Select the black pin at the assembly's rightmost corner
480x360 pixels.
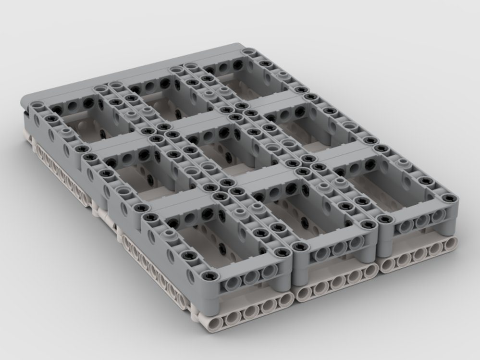(449, 198)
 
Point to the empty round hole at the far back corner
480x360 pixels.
(249, 51)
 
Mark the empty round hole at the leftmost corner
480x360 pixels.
(35, 105)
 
